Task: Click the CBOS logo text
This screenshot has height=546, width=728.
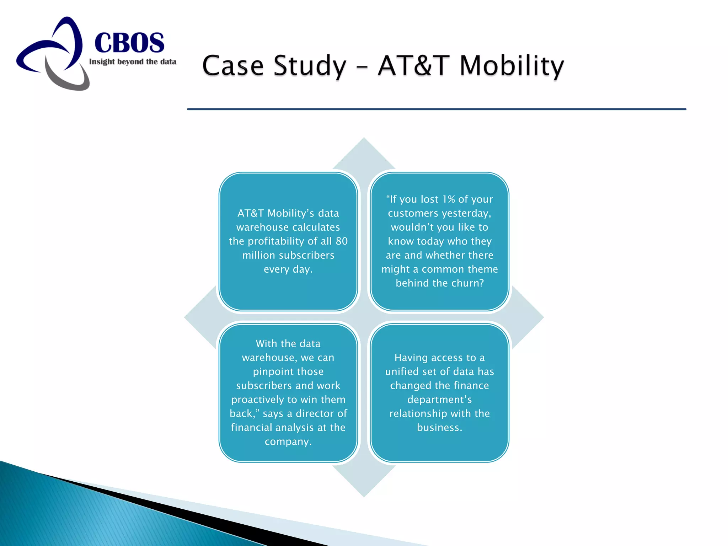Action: click(x=129, y=43)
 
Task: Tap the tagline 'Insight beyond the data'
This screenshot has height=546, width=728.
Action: click(x=133, y=62)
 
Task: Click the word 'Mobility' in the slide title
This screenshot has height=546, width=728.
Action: click(x=512, y=66)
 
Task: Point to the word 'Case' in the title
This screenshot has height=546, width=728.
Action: click(x=233, y=66)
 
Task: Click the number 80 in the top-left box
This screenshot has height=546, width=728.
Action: click(x=342, y=241)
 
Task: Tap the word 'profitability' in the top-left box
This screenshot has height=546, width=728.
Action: click(x=277, y=241)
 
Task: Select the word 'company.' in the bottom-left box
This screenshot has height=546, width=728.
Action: click(x=288, y=441)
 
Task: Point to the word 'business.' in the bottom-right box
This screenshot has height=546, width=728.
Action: click(x=440, y=427)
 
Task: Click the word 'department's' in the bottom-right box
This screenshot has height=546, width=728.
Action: click(x=440, y=400)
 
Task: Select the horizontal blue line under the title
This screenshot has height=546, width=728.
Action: click(x=437, y=109)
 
